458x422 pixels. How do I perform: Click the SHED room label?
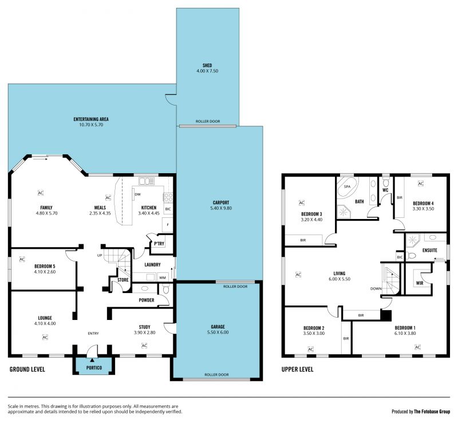[x=207, y=65]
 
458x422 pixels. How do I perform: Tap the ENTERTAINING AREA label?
[x=91, y=119]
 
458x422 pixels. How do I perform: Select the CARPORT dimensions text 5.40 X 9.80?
[x=221, y=208]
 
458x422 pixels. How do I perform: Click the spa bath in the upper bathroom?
[x=348, y=187]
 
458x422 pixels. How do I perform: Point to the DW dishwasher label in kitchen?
[x=137, y=194]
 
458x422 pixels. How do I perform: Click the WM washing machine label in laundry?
[x=163, y=278]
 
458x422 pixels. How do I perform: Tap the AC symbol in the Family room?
[x=41, y=193]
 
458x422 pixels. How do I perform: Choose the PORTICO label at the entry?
[x=94, y=368]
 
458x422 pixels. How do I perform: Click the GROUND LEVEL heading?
[x=27, y=369]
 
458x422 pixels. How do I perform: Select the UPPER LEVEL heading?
[x=297, y=369]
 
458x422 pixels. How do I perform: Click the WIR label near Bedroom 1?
[x=420, y=283]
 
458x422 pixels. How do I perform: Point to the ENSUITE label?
[x=430, y=251]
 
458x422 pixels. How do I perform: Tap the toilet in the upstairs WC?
[x=386, y=182]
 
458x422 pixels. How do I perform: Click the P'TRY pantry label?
[x=159, y=244]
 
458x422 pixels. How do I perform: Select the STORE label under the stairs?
[x=123, y=280]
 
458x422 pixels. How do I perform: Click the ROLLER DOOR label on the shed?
[x=208, y=122]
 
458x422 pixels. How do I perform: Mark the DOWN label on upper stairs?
[x=376, y=288]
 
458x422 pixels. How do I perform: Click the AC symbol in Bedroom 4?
[x=420, y=183]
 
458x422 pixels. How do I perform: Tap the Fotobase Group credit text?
[x=421, y=412]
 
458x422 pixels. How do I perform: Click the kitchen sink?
[x=147, y=181]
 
